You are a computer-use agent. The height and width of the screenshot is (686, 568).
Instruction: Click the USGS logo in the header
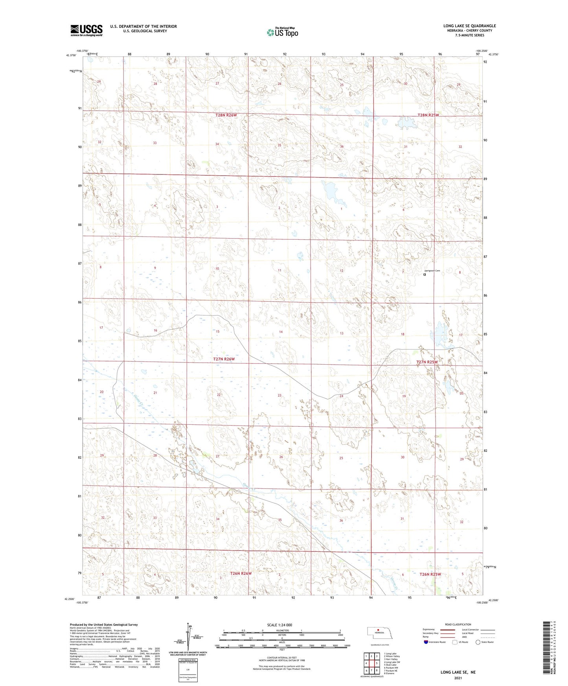point(86,30)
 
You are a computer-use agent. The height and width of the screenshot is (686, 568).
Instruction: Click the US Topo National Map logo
point(282,32)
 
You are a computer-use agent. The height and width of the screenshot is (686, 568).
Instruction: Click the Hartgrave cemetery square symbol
point(424,275)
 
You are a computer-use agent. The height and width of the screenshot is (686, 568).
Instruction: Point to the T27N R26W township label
point(224,359)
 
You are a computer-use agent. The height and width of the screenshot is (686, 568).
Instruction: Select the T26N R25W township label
point(430,574)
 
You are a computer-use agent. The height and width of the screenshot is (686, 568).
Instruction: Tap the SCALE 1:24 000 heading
point(279,625)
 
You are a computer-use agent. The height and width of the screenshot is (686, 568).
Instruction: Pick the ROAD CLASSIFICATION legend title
point(458,624)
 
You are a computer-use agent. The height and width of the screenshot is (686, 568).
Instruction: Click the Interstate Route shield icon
point(426,642)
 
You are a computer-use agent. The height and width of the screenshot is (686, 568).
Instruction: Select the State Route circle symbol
point(478,642)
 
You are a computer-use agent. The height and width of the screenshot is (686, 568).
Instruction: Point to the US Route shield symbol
point(455,642)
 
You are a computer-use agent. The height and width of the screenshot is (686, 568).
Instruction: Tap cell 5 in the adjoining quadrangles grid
point(377,663)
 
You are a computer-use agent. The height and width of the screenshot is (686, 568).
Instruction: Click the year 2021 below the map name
point(458,678)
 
